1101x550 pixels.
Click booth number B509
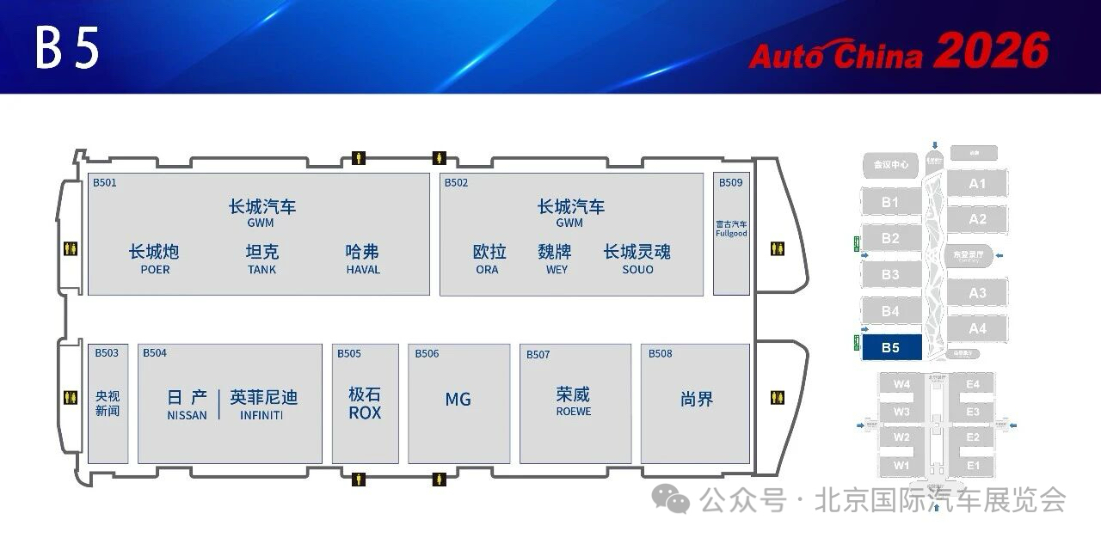click(x=730, y=183)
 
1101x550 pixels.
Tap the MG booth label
click(x=458, y=400)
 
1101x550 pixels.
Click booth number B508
click(x=661, y=354)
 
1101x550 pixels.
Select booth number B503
click(x=107, y=353)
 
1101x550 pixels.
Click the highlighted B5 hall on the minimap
click(x=890, y=347)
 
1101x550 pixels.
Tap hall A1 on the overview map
click(x=978, y=184)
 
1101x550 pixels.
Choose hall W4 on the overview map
click(x=901, y=384)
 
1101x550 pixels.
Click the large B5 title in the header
click(x=68, y=49)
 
